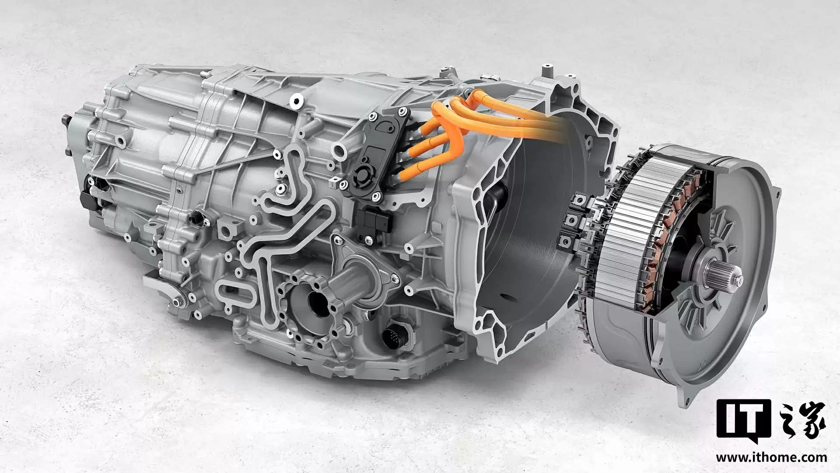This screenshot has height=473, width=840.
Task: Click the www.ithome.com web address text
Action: point(771,458)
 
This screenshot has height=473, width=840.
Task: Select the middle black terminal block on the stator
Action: point(572,219)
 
